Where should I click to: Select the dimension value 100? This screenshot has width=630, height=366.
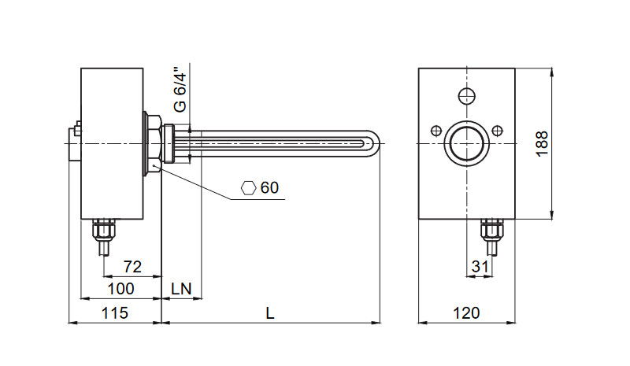tap(121, 288)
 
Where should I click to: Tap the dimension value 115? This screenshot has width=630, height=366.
tap(116, 312)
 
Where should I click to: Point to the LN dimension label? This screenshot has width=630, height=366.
tap(182, 288)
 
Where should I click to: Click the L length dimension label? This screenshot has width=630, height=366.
tap(270, 312)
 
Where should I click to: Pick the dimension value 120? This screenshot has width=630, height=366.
tap(466, 312)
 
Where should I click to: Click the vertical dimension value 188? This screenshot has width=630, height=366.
tap(542, 142)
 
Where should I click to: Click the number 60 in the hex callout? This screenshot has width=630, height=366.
tap(269, 188)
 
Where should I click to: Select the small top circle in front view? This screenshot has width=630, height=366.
tap(466, 96)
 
